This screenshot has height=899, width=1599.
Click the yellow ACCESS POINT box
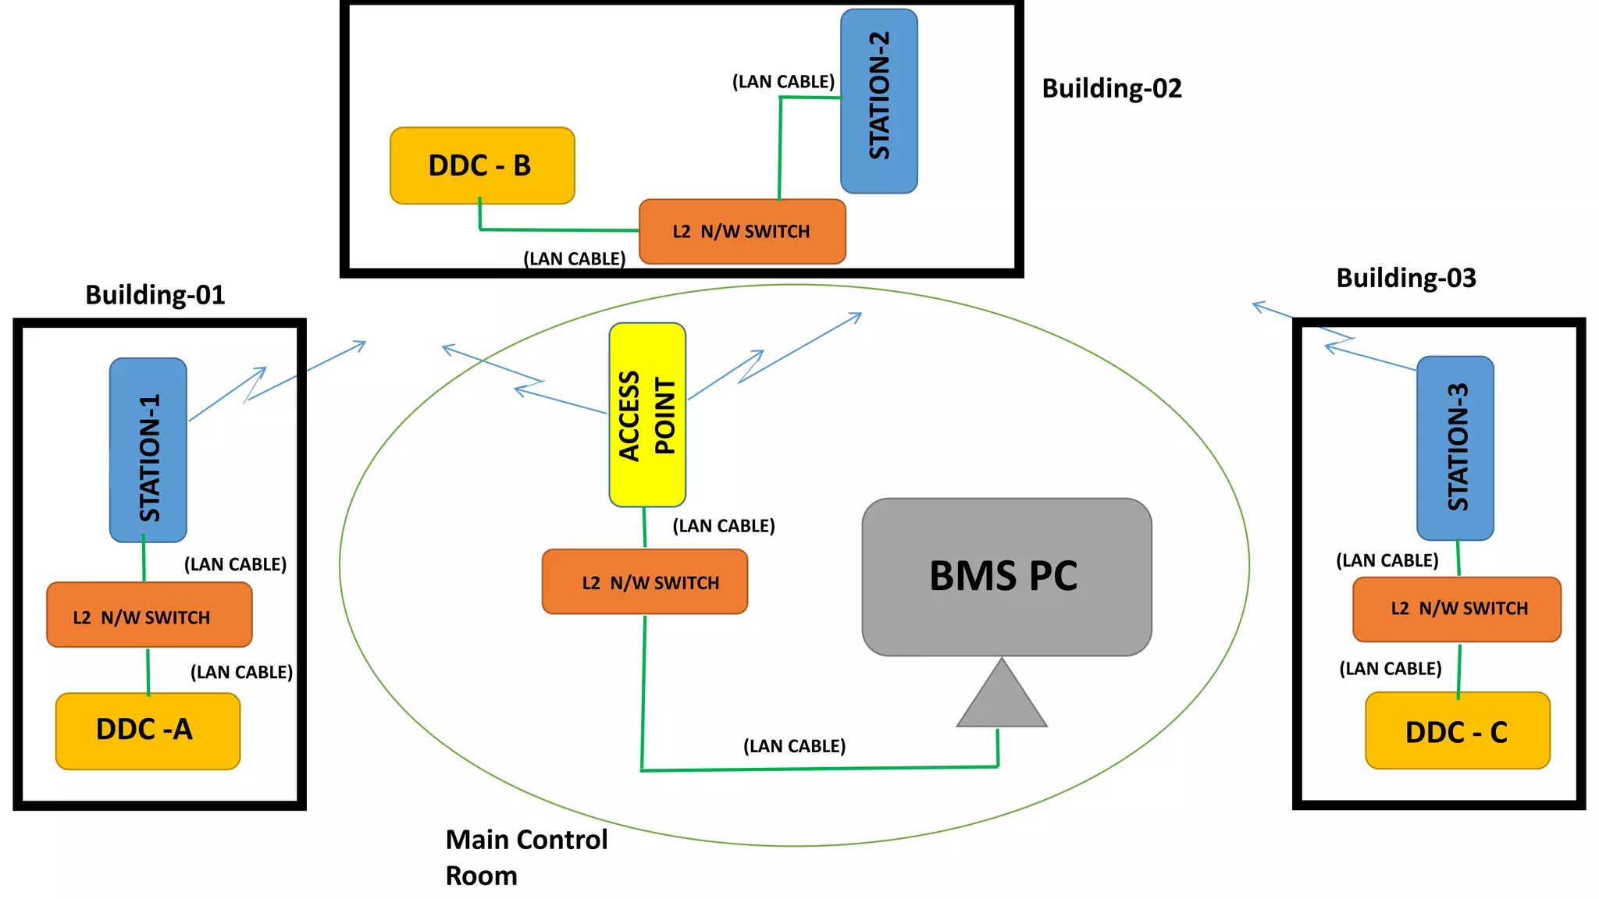click(x=647, y=415)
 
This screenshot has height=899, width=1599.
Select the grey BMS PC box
click(x=1006, y=577)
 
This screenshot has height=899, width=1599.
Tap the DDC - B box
click(x=482, y=165)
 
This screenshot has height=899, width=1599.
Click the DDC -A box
click(x=148, y=730)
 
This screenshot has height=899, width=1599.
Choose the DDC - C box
click(x=1457, y=731)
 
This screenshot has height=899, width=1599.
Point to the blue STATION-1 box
click(x=148, y=450)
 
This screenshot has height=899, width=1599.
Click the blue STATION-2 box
click(x=878, y=101)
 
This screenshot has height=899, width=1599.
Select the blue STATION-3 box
click(x=1455, y=448)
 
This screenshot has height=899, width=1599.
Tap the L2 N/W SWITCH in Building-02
click(x=742, y=232)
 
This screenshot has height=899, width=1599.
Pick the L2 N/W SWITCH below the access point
click(x=645, y=582)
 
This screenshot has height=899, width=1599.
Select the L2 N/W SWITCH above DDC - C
click(x=1456, y=609)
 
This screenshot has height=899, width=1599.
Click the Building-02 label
click(x=1111, y=88)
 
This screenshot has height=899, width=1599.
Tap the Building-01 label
click(x=155, y=295)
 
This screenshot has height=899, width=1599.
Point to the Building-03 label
click(x=1405, y=278)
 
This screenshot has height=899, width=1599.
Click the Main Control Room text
click(x=525, y=857)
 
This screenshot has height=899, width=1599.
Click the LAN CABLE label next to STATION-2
click(x=782, y=82)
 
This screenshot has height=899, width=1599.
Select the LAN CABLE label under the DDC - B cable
click(x=574, y=258)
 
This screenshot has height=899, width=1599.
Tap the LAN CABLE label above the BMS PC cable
click(x=794, y=746)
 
